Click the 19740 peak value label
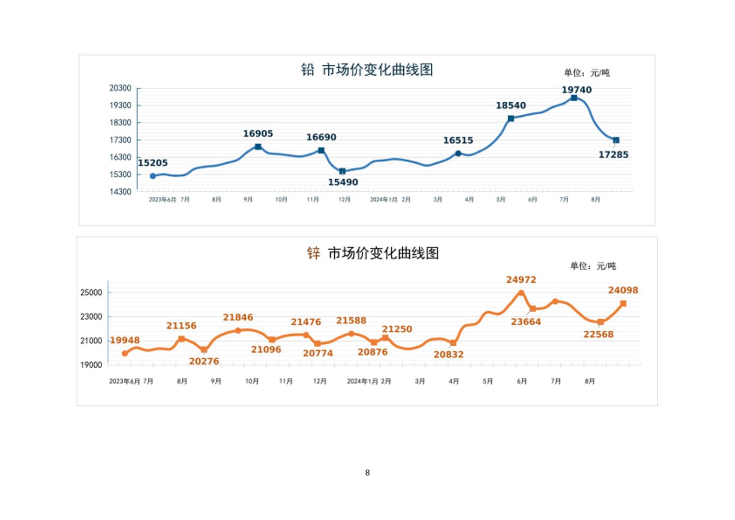576,90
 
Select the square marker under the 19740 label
574,98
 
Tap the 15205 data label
153,163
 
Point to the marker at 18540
511,119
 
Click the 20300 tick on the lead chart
120,88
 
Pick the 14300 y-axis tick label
120,192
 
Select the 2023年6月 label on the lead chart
162,199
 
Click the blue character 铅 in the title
308,70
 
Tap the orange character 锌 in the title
313,253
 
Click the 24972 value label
521,280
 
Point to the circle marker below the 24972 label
521,293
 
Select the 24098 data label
623,291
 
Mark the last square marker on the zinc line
623,304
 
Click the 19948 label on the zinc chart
125,340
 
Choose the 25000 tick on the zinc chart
91,292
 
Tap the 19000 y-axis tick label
91,365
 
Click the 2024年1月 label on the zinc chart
362,382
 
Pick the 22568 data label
598,335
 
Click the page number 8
367,473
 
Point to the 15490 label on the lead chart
343,183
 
